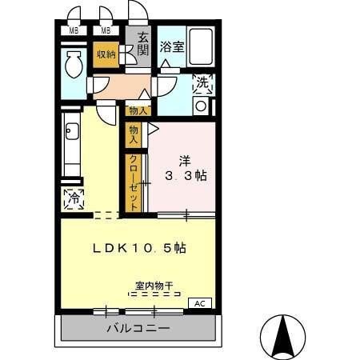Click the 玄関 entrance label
point(142,44)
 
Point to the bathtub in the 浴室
point(202,48)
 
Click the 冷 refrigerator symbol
point(74,197)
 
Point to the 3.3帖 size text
point(186,175)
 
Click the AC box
point(201,303)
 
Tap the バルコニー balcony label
point(137,328)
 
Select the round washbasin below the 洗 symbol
point(201,105)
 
